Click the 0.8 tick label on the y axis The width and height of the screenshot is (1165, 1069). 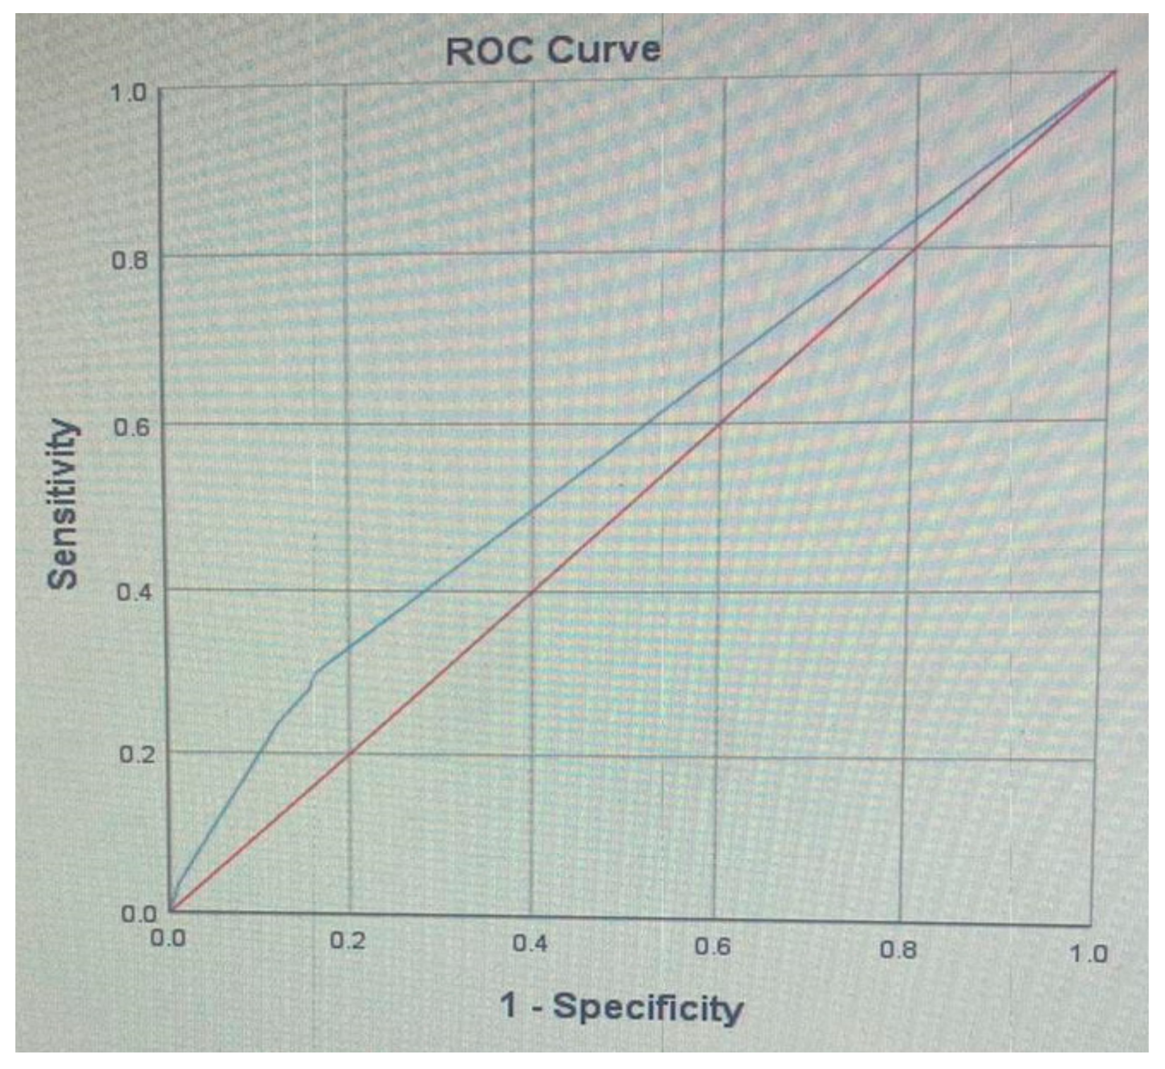tap(129, 260)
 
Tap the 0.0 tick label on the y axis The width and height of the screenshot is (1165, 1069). tap(139, 915)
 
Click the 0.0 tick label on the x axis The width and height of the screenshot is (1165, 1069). tap(168, 938)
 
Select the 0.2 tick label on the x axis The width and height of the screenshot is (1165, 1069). tap(347, 941)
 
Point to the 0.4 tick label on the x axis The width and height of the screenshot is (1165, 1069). tap(530, 944)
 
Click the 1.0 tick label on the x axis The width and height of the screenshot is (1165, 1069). tap(1087, 954)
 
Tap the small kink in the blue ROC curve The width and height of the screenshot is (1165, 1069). tap(315, 674)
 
